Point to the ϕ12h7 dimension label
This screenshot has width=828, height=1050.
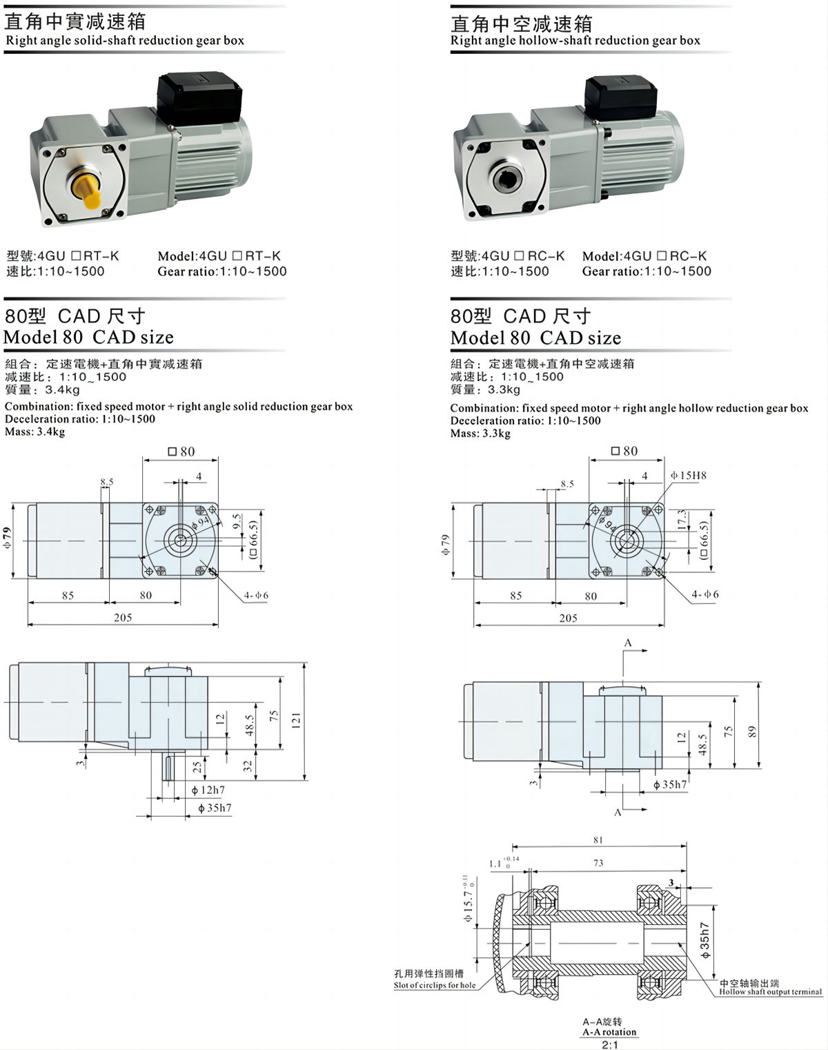(x=208, y=790)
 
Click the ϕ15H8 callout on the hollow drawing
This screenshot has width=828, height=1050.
(x=689, y=476)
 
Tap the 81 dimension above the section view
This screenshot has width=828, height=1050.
(x=598, y=840)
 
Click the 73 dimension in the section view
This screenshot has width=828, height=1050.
(x=598, y=863)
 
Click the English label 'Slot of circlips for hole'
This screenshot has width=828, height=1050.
(x=435, y=985)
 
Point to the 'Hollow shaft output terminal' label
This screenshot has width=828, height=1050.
(x=770, y=992)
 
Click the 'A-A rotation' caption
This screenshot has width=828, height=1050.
(x=609, y=1032)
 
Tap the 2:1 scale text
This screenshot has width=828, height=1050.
(x=610, y=1044)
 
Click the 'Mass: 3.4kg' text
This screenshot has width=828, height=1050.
(x=35, y=432)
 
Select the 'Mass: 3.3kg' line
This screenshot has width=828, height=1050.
(x=480, y=434)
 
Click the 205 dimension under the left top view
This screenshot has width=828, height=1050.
(x=123, y=618)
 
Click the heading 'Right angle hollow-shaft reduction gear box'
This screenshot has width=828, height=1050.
(x=575, y=41)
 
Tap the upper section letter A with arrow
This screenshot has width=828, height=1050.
(x=629, y=643)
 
